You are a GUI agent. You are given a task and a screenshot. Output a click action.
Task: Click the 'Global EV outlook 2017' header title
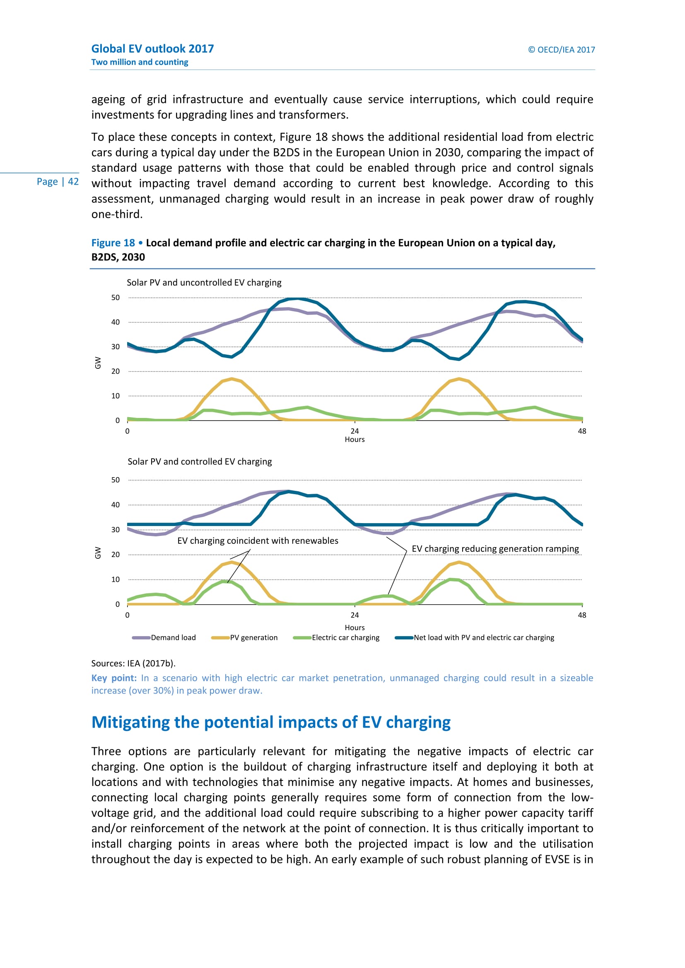tap(152, 49)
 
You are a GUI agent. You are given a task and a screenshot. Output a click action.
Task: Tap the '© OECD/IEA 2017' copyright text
tap(561, 50)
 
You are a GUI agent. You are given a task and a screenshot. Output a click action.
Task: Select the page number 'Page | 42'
tap(58, 182)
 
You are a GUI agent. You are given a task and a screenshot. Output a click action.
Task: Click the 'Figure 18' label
tap(113, 243)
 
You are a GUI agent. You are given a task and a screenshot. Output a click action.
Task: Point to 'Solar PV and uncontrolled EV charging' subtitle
tap(204, 283)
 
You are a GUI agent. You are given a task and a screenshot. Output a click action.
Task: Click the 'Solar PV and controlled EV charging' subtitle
tap(200, 462)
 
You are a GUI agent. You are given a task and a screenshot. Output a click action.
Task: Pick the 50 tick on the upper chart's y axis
tap(116, 298)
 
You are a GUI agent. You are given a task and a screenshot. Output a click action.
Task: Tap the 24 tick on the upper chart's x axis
tap(355, 431)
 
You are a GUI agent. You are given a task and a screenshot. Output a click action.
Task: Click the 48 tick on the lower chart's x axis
tap(581, 615)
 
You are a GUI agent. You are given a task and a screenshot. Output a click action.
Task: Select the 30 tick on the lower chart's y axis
tap(116, 530)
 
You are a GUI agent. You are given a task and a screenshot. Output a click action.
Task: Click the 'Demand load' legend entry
tap(173, 637)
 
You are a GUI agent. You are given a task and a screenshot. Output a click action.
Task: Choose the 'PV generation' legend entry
tap(253, 637)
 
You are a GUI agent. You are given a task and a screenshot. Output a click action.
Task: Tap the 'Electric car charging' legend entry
tap(345, 637)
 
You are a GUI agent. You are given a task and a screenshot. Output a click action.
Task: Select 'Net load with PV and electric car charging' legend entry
tap(483, 637)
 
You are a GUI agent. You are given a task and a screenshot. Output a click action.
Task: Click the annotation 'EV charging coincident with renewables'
tap(258, 541)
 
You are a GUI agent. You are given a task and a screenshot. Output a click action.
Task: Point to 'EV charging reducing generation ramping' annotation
tap(495, 549)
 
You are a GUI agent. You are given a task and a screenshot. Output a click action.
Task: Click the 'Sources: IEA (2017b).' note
tap(133, 663)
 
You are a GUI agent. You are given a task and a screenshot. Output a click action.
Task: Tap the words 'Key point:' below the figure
tap(114, 678)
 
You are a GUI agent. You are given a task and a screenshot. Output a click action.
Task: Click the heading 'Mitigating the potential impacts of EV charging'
tap(271, 722)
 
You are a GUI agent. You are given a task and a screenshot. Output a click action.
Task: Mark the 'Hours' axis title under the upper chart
tap(355, 440)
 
